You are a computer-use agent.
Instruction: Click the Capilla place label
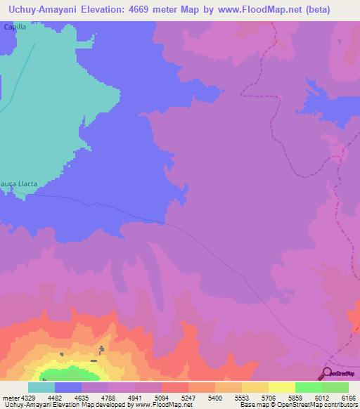tap(14, 26)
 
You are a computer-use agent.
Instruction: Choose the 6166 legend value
tap(349, 397)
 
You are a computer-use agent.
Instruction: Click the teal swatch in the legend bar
tap(41, 387)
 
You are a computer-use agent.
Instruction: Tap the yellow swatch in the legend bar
tap(282, 387)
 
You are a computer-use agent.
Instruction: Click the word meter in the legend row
tap(9, 397)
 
